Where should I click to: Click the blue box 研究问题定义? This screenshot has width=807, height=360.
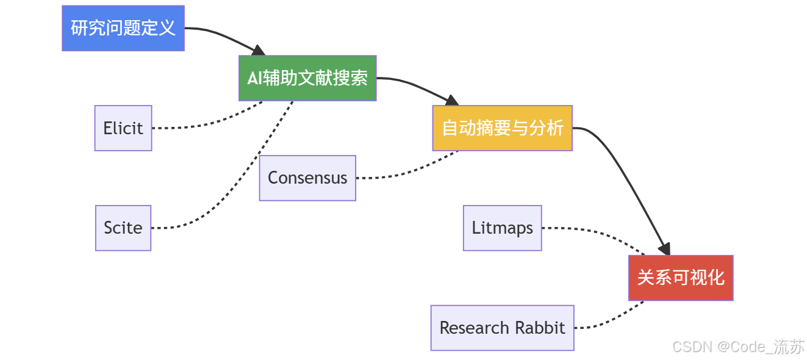coord(123,28)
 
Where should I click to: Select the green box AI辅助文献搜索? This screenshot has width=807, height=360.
coord(307,78)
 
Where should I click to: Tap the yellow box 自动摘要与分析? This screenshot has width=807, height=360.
coord(503,128)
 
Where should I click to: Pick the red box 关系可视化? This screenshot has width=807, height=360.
coord(681,278)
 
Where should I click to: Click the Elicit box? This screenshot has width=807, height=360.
coord(123,128)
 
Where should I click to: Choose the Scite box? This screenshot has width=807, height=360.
coord(123,228)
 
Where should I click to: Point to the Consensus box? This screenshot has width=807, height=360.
coord(307,178)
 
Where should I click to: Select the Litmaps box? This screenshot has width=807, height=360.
coord(503,228)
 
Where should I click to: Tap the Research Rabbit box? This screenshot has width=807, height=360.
coord(503,328)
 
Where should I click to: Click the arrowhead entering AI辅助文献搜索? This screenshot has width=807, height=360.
coord(259,51)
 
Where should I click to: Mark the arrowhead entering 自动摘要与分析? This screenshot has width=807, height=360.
coord(452,101)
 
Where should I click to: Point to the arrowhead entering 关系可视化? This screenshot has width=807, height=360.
coord(665,249)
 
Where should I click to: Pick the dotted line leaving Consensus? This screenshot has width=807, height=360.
coord(409,171)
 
